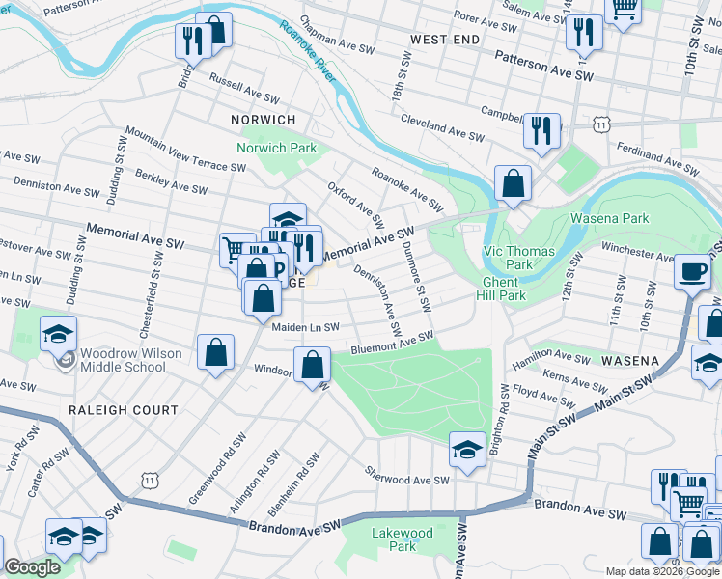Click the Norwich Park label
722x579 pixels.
277,149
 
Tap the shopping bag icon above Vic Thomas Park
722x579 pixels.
513,184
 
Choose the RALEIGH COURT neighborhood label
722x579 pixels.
123,410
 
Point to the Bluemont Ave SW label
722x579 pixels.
392,343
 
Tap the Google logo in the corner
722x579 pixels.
32,568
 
